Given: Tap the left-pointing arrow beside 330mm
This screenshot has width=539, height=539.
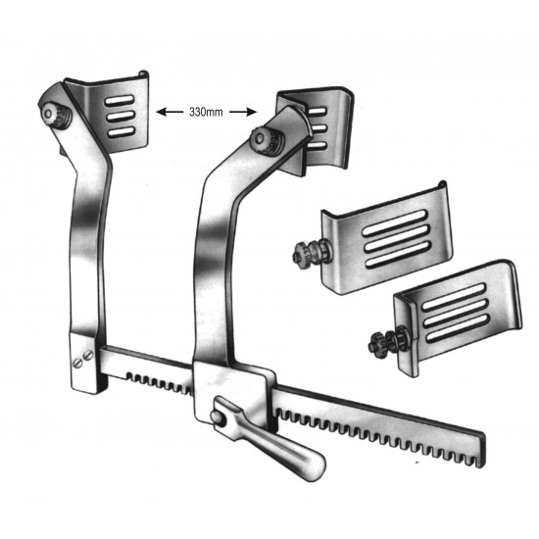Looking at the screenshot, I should (x=171, y=112).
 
